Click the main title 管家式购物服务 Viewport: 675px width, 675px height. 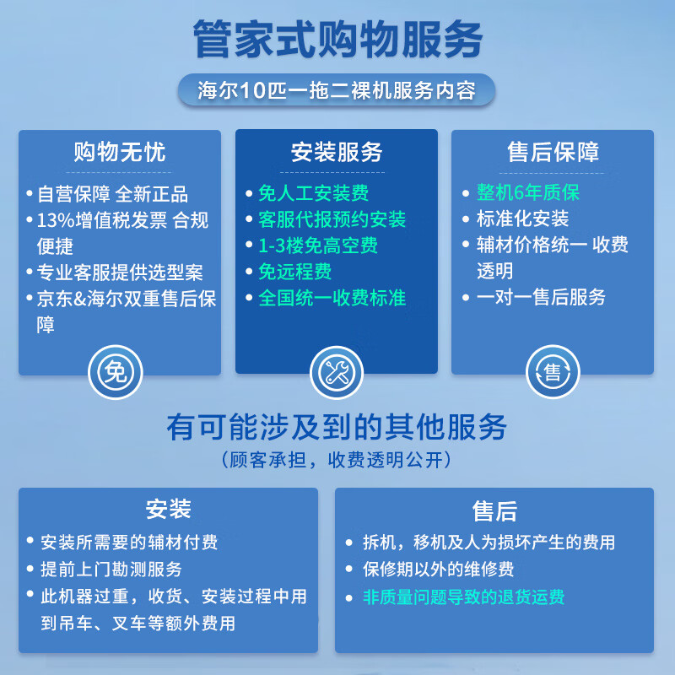[337, 40]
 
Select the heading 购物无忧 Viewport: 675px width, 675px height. [120, 152]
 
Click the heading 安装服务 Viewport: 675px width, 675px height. [337, 152]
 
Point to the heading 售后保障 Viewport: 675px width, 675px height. [553, 152]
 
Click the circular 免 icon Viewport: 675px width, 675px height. [116, 372]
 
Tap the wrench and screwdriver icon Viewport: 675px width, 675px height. [336, 372]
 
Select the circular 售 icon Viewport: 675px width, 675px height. [553, 372]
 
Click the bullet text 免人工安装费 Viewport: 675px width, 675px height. [313, 193]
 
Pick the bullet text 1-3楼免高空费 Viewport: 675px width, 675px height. [317, 246]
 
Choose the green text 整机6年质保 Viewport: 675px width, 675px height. [527, 192]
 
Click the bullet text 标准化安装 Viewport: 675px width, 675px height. [522, 219]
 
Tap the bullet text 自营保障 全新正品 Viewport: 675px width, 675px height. [112, 194]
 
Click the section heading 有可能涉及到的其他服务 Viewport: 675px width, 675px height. [337, 427]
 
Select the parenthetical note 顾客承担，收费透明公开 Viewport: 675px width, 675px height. [337, 460]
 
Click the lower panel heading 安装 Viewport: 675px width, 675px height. [169, 509]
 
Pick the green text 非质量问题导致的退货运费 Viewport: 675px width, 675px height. [463, 597]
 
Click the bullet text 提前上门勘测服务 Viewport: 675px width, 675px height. [111, 569]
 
